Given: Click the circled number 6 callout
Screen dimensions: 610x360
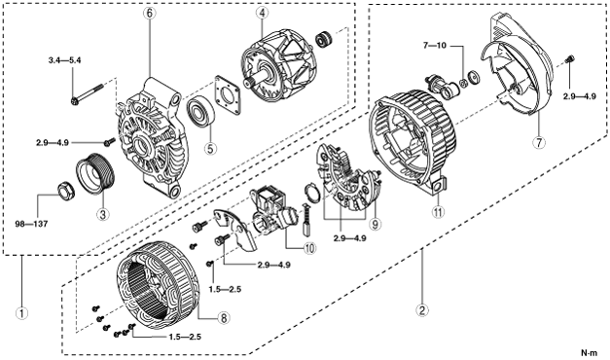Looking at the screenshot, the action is click(150, 13).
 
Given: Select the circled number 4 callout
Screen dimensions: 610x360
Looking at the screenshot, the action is click(263, 13).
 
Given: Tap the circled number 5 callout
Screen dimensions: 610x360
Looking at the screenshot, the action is click(210, 148).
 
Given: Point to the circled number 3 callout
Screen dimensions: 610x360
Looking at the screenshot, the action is click(103, 214).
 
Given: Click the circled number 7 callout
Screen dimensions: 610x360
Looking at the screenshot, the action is click(539, 142).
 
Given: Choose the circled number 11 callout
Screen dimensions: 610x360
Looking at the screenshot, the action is click(439, 212).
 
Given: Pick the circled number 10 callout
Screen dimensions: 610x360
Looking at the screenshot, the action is click(310, 248).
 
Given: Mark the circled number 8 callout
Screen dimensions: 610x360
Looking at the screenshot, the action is click(224, 318).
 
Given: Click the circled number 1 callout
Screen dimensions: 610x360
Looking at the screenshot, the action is click(21, 312).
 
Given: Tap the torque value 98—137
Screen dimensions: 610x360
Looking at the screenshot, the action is click(31, 224).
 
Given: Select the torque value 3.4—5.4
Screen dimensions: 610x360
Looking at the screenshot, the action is click(64, 60).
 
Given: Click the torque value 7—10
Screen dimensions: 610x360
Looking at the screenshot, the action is click(435, 46).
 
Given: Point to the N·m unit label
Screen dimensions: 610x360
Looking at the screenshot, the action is click(589, 353).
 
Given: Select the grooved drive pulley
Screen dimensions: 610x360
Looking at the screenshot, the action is click(94, 174).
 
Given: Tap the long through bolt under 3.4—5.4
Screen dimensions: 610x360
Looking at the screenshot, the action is click(88, 93).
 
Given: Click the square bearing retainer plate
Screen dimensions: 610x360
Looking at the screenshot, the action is click(228, 95).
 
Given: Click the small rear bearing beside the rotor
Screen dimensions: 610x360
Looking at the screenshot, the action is click(325, 38).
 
